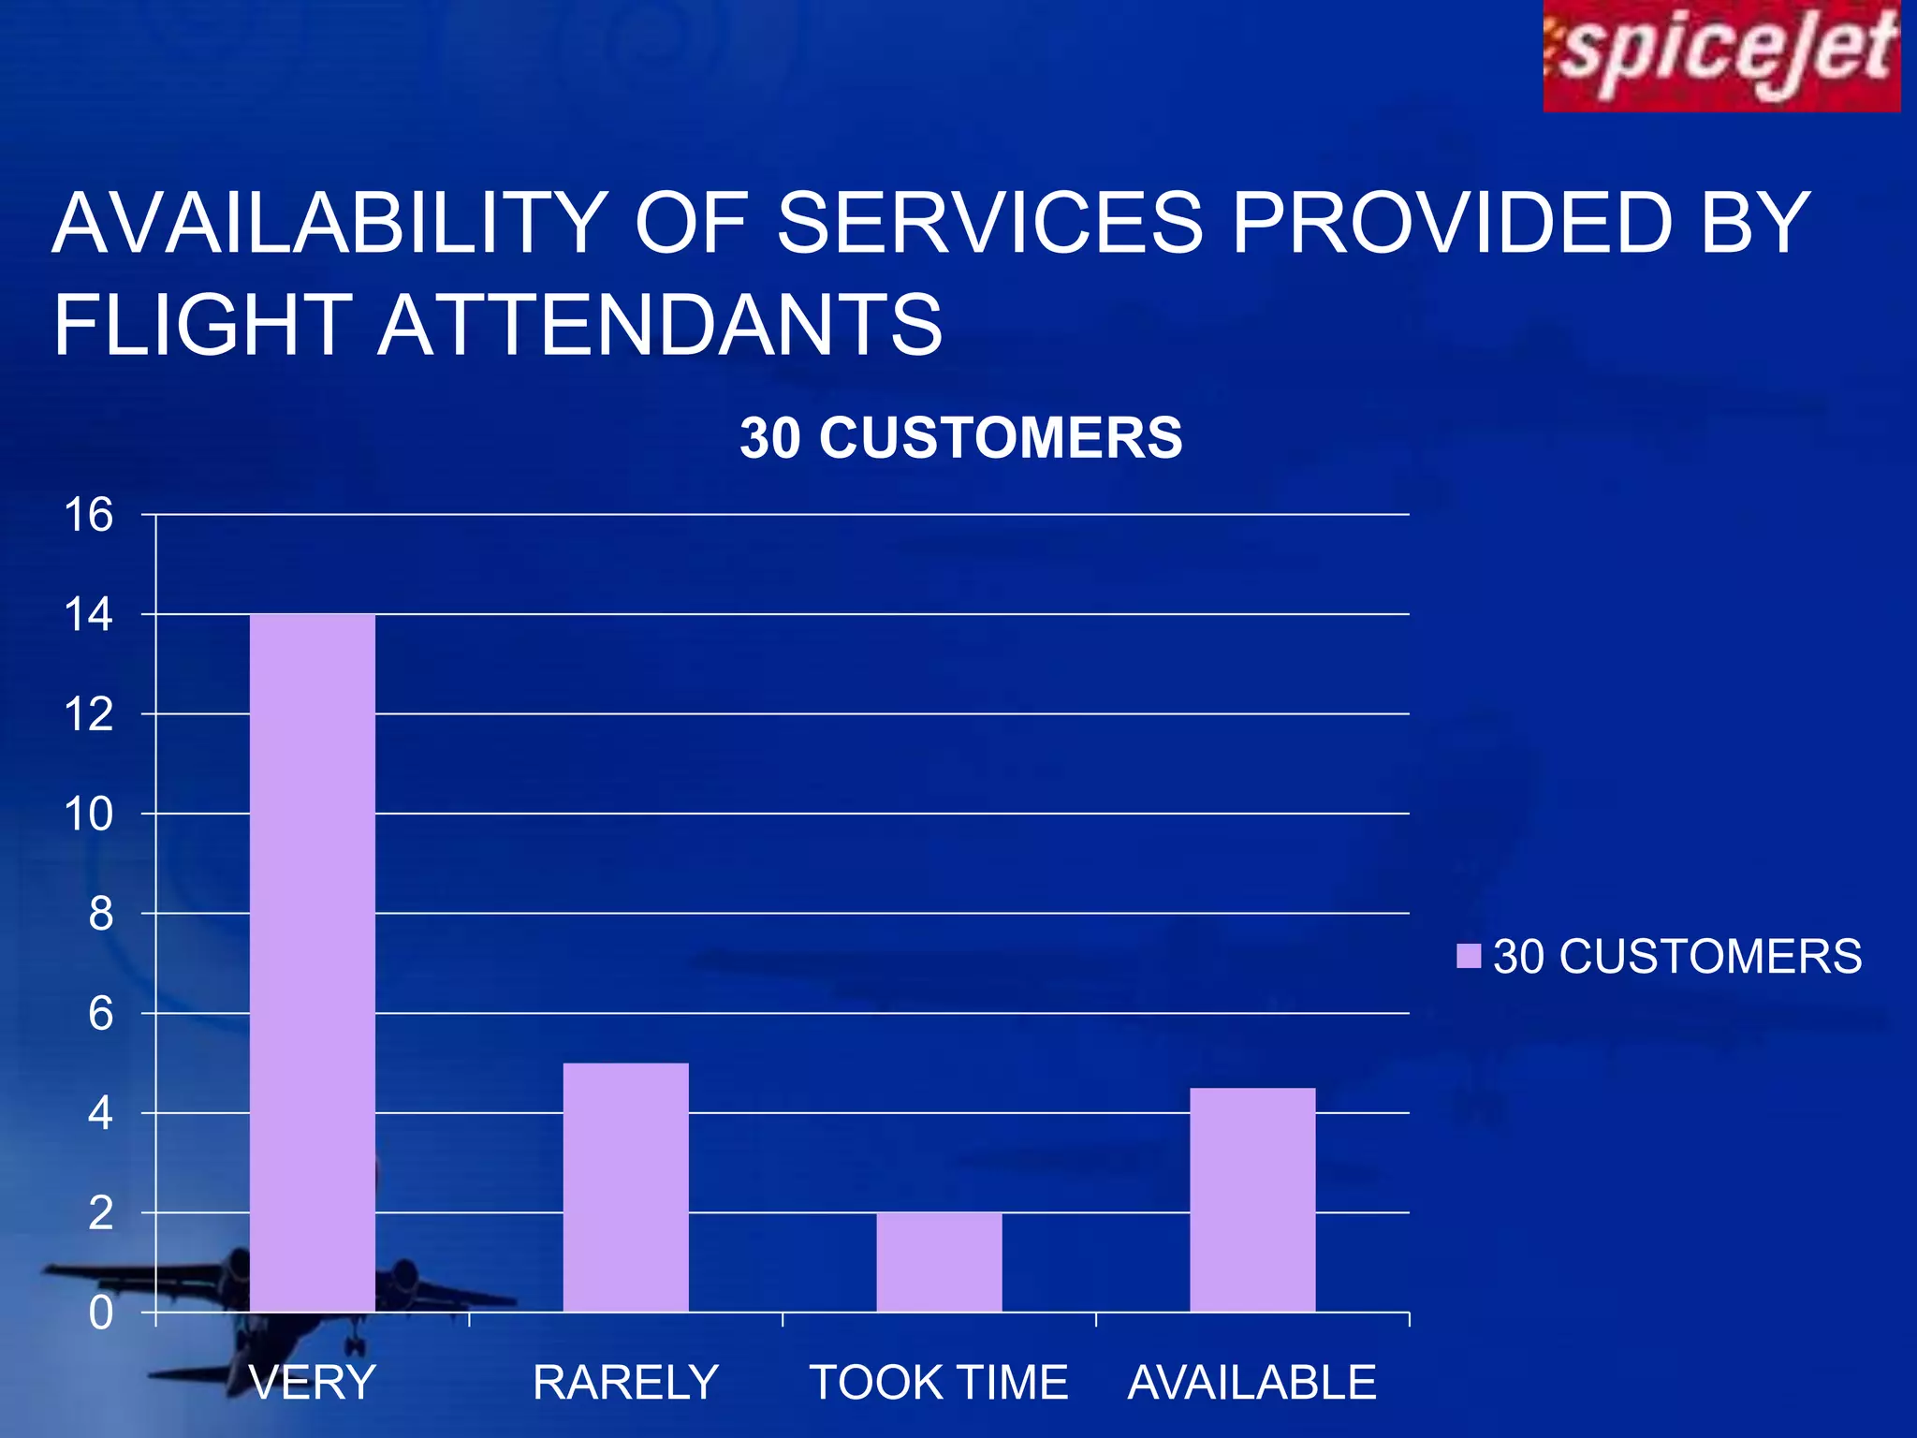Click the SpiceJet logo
(1720, 56)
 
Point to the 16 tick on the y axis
(88, 515)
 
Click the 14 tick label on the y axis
(88, 615)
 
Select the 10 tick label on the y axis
(88, 814)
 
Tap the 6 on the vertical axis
(100, 1014)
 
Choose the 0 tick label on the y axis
(100, 1313)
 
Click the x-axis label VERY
(313, 1383)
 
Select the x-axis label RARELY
(625, 1383)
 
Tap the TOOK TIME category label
(939, 1383)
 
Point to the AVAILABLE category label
(1252, 1383)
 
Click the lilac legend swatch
(1469, 956)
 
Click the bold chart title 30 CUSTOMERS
(961, 438)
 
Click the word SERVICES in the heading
(989, 223)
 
